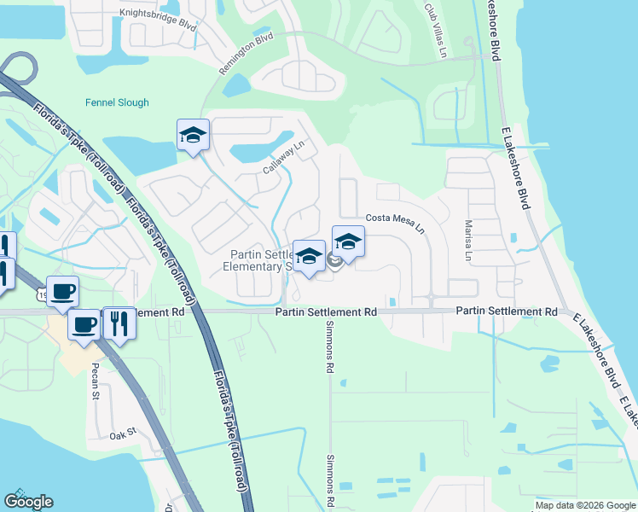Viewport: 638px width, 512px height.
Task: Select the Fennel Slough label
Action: pyautogui.click(x=117, y=103)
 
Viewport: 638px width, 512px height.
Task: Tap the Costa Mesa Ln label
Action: pyautogui.click(x=395, y=224)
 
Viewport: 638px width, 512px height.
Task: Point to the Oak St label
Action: pyautogui.click(x=123, y=434)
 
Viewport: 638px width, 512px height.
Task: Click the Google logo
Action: pyautogui.click(x=28, y=502)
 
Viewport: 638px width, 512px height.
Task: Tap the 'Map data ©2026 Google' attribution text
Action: pyautogui.click(x=584, y=505)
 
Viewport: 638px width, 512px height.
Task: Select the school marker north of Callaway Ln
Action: pyautogui.click(x=194, y=135)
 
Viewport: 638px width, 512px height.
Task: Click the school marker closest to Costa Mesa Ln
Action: pyautogui.click(x=348, y=242)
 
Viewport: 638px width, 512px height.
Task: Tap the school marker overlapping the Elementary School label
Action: pyautogui.click(x=309, y=256)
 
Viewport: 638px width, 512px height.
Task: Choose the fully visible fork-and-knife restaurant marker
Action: pyautogui.click(x=119, y=323)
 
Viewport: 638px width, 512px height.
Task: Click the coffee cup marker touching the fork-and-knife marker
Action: pyautogui.click(x=84, y=325)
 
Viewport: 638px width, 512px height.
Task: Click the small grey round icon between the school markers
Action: pyautogui.click(x=334, y=261)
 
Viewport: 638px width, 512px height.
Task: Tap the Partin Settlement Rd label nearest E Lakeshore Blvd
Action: pyautogui.click(x=506, y=312)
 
